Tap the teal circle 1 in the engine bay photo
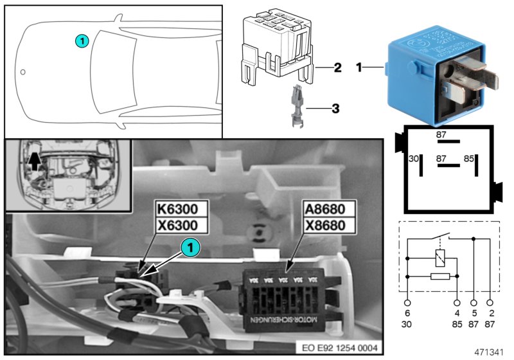(189, 246)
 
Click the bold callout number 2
(337, 67)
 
